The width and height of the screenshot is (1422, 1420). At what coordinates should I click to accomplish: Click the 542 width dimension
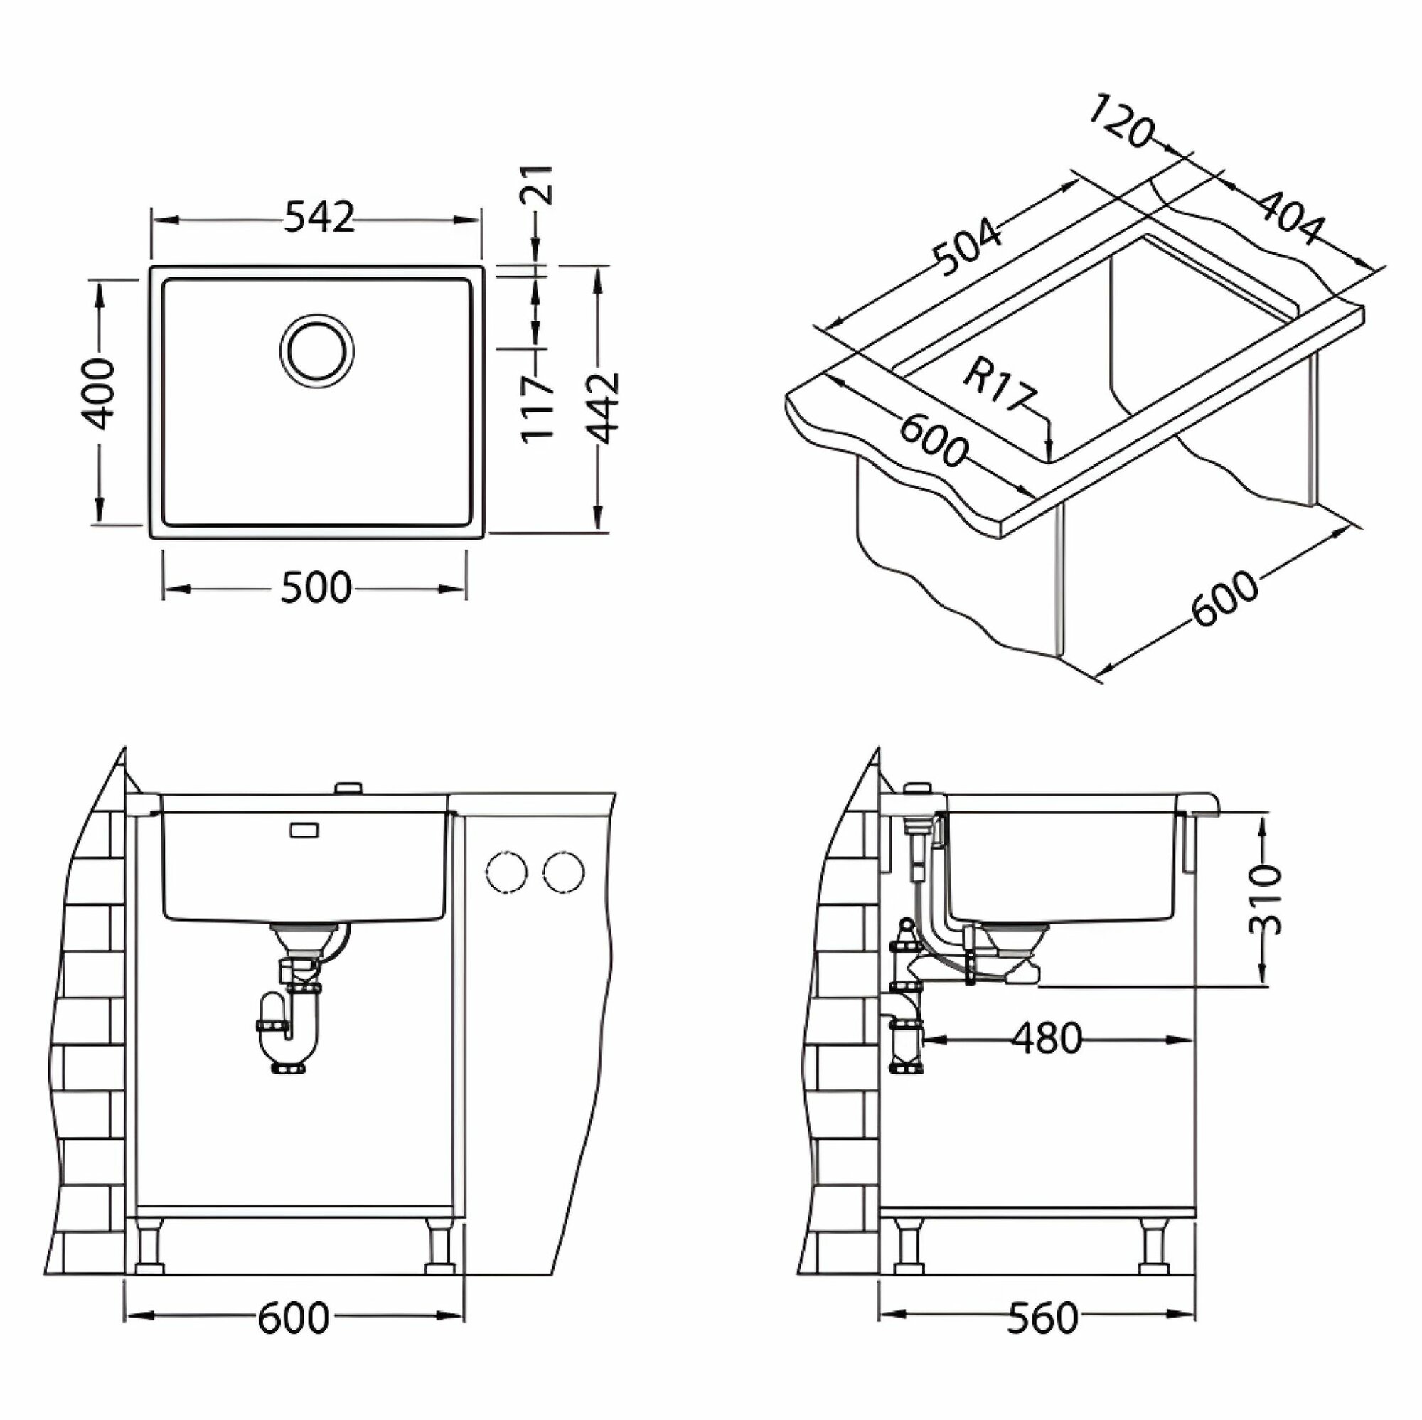click(319, 217)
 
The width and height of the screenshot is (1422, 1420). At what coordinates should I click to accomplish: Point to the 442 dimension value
click(605, 409)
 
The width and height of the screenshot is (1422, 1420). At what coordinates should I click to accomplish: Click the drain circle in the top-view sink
click(316, 351)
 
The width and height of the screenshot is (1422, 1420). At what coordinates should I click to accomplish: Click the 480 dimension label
click(1047, 1039)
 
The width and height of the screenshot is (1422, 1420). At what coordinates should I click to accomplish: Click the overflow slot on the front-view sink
click(304, 830)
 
